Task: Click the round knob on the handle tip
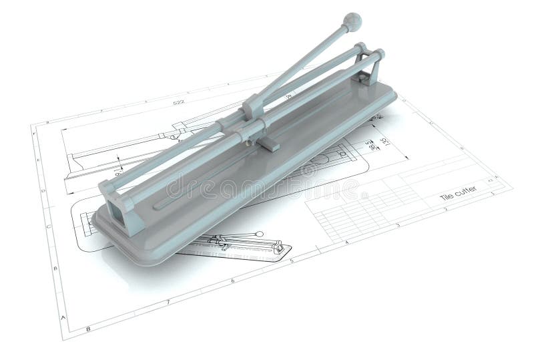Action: pos(352,22)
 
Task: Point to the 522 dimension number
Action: pos(178,102)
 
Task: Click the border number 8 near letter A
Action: pos(87,329)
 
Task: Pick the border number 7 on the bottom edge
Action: pos(168,303)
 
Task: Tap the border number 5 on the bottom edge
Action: pos(292,260)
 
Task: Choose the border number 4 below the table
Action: pos(347,241)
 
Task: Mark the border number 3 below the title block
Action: pos(398,224)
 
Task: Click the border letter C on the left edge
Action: pos(48,226)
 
